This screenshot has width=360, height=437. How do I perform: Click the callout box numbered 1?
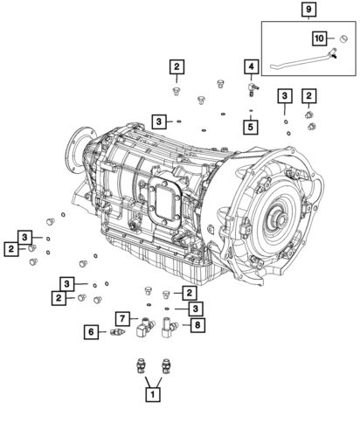pyautogui.click(x=154, y=396)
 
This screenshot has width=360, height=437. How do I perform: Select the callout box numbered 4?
pyautogui.click(x=251, y=66)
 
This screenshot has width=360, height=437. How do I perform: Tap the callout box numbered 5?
pyautogui.click(x=251, y=127)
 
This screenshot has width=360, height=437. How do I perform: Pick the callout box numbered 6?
pyautogui.click(x=90, y=331)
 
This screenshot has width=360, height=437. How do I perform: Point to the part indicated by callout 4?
pyautogui.click(x=253, y=88)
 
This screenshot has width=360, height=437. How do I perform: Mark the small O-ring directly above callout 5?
pyautogui.click(x=251, y=111)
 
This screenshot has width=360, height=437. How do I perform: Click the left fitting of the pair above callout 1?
pyautogui.click(x=140, y=366)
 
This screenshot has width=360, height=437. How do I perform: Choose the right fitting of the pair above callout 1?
pyautogui.click(x=165, y=366)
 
